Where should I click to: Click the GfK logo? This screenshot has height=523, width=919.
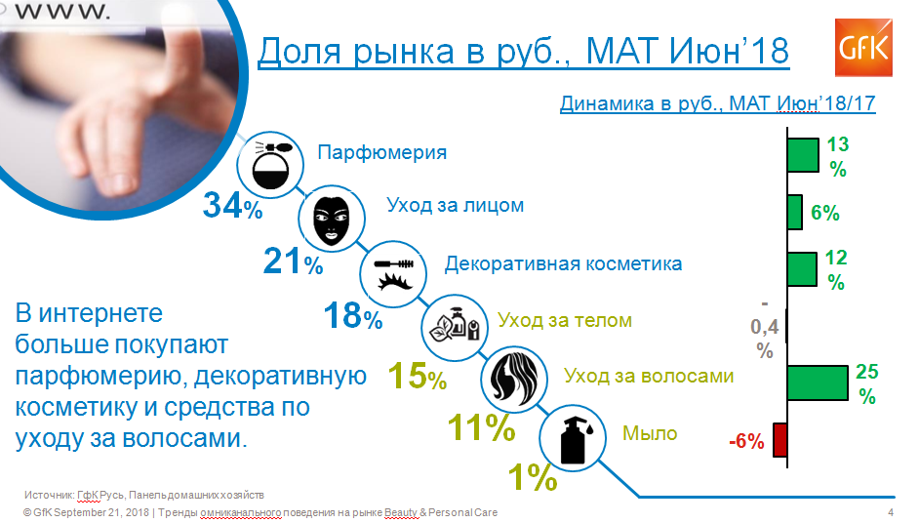pyautogui.click(x=863, y=48)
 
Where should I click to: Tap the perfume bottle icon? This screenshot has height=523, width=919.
pyautogui.click(x=270, y=165)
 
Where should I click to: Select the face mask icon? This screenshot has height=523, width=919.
pyautogui.click(x=332, y=219)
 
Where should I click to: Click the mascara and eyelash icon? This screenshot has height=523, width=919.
pyautogui.click(x=393, y=274)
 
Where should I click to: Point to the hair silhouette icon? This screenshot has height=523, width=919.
pyautogui.click(x=514, y=379)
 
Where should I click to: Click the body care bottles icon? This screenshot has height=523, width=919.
pyautogui.click(x=455, y=327)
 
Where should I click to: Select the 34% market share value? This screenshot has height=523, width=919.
pyautogui.click(x=232, y=206)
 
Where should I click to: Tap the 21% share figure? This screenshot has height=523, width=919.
pyautogui.click(x=293, y=261)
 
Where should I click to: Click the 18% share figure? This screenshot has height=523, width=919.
pyautogui.click(x=353, y=315)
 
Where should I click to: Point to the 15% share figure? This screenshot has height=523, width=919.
pyautogui.click(x=418, y=376)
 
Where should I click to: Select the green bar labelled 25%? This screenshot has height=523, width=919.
pyautogui.click(x=818, y=382)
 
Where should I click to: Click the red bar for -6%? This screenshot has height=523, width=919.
pyautogui.click(x=780, y=440)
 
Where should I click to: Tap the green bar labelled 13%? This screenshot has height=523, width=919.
pyautogui.click(x=803, y=155)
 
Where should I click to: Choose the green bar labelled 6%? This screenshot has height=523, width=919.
pyautogui.click(x=795, y=213)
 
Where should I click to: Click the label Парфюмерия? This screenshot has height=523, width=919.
pyautogui.click(x=382, y=152)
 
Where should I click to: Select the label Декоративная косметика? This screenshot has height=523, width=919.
pyautogui.click(x=563, y=263)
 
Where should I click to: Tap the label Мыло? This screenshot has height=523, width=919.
pyautogui.click(x=650, y=433)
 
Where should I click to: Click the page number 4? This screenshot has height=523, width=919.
pyautogui.click(x=891, y=512)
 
